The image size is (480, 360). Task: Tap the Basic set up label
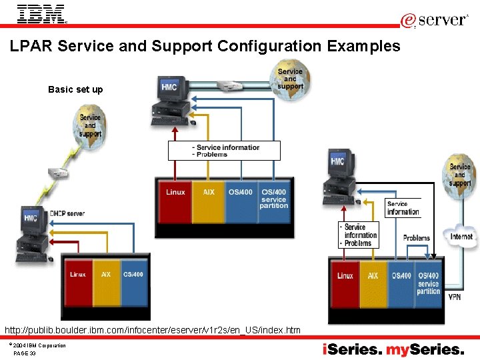click(75, 89)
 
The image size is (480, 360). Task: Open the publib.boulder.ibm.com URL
click(153, 330)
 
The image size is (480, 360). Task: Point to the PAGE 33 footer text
click(25, 353)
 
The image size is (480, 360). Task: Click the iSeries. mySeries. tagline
click(393, 349)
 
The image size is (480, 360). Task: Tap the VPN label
click(454, 296)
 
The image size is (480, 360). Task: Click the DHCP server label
click(67, 213)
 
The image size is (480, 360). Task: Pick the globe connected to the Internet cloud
click(459, 175)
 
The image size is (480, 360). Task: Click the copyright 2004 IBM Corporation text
click(39, 345)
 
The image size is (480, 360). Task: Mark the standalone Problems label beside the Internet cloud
click(417, 238)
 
